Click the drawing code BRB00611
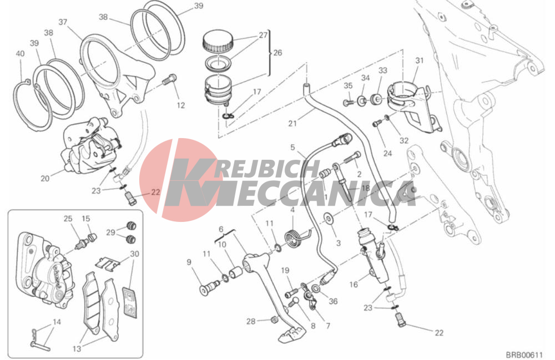point(524,354)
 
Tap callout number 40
point(20,54)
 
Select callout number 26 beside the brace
point(277,53)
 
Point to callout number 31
point(419,60)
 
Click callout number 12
point(181,105)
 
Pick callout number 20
point(45,179)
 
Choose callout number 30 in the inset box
point(134,254)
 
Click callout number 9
point(189,262)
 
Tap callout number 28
point(251,322)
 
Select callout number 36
point(333,301)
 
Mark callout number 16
point(354,285)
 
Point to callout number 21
point(292,123)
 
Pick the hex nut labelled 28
point(273,320)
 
